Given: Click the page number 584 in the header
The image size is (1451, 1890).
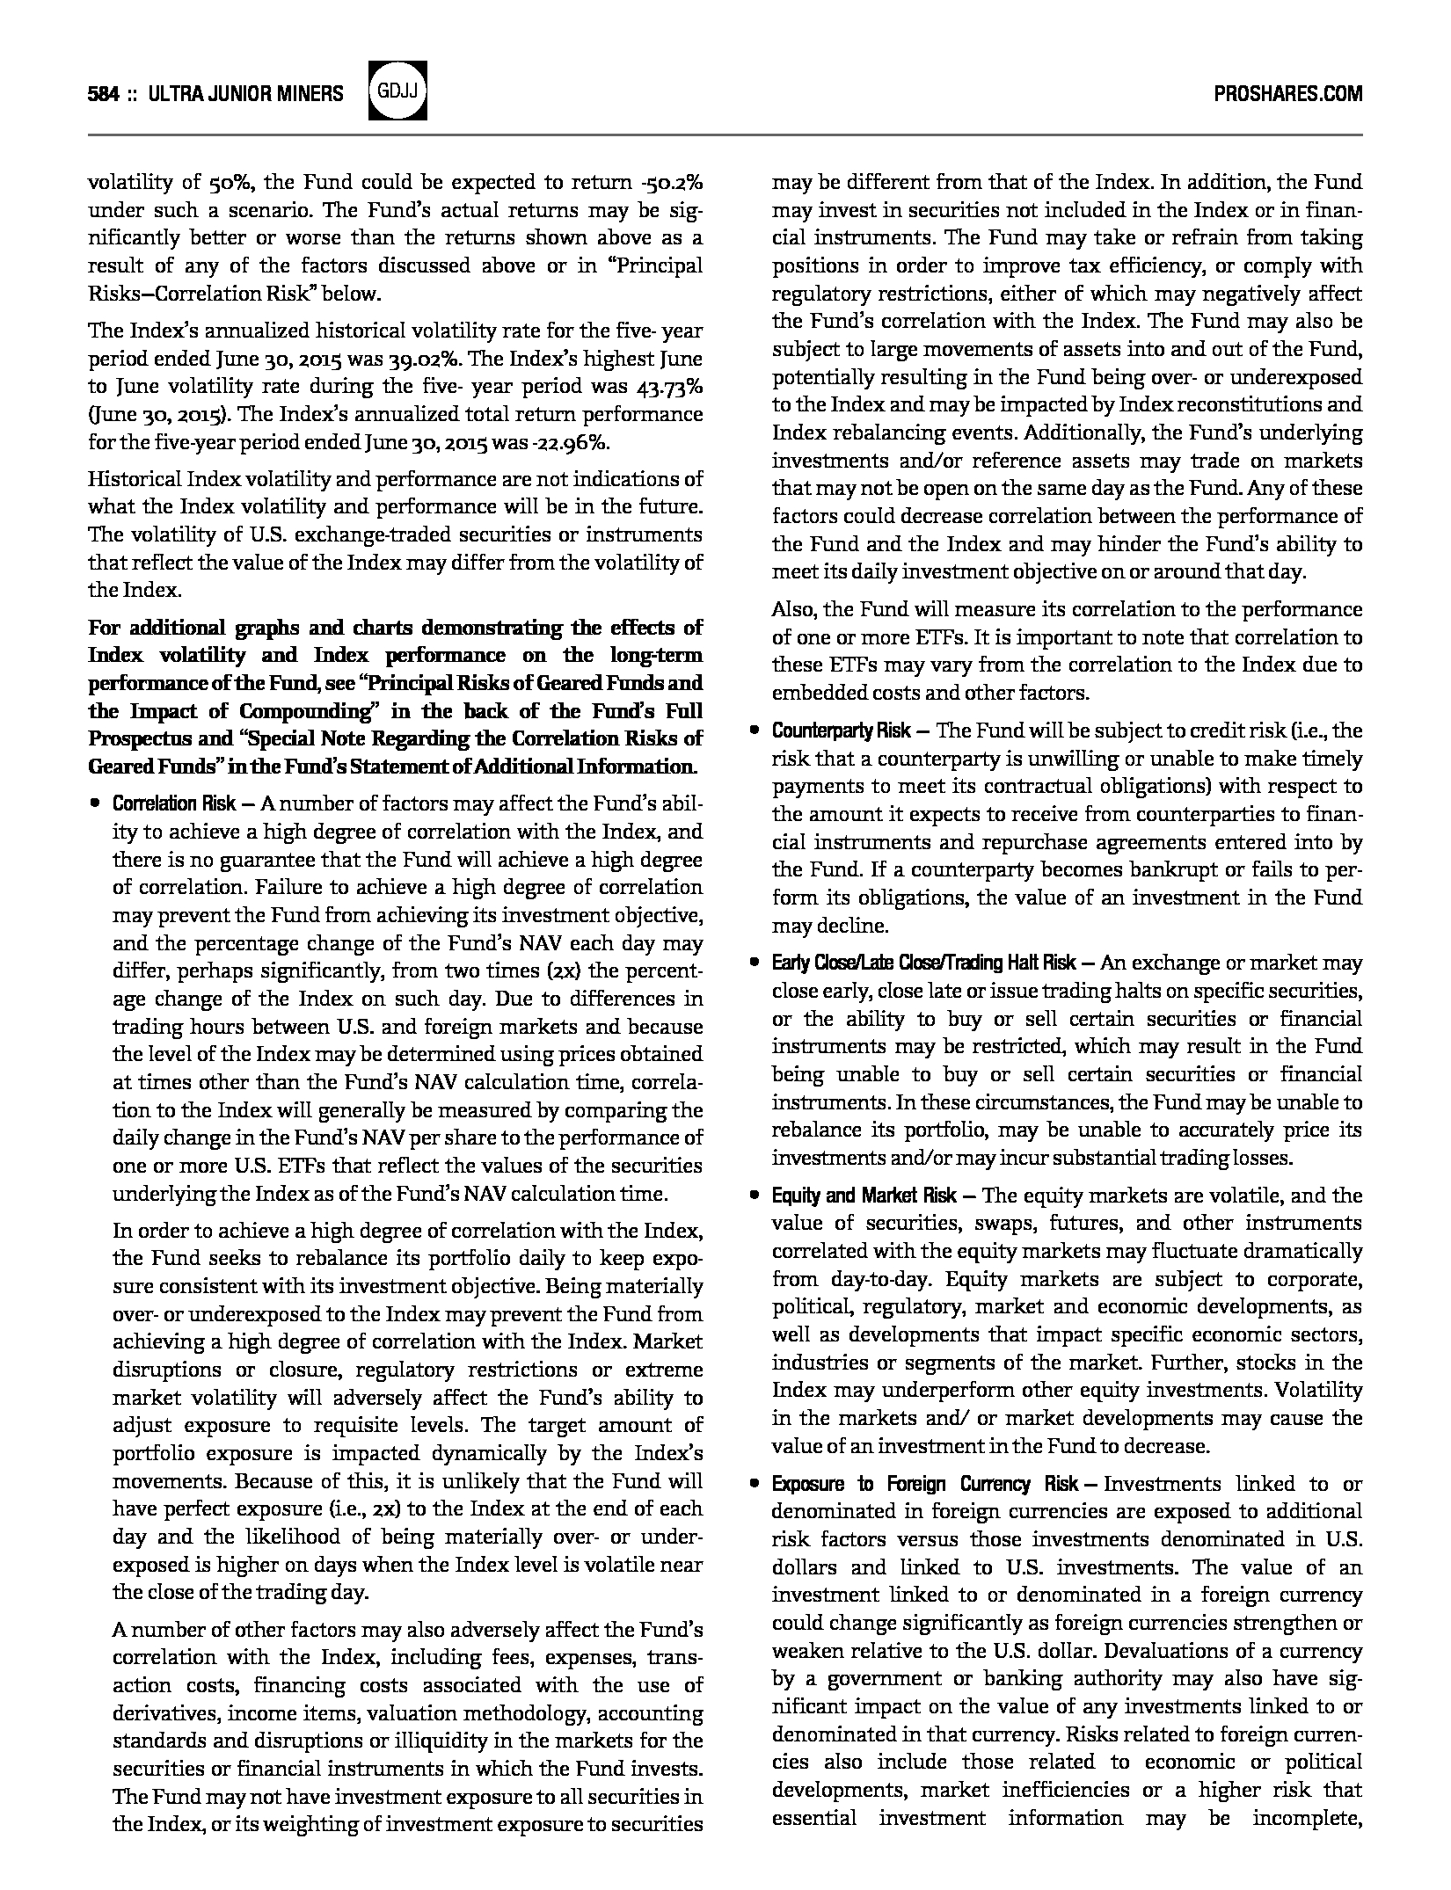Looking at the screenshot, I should click(x=103, y=93).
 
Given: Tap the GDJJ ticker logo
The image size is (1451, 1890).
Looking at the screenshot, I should click(x=399, y=91).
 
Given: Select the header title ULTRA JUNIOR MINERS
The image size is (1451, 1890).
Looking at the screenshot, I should click(x=246, y=93).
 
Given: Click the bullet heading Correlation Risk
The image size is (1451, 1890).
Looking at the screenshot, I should click(x=173, y=803).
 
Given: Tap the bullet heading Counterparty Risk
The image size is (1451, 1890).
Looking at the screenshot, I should click(x=841, y=731).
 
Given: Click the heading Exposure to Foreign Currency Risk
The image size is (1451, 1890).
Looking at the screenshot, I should click(x=924, y=1484).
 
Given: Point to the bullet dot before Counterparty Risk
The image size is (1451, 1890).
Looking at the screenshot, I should click(x=754, y=731).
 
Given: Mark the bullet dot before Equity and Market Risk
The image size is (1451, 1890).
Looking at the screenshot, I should click(x=754, y=1196).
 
